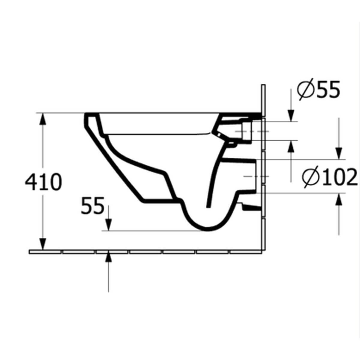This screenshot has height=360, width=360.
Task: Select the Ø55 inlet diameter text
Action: pyautogui.click(x=319, y=90)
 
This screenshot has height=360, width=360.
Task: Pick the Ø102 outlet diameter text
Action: pyautogui.click(x=330, y=177)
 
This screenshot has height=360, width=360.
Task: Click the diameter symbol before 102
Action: pyautogui.click(x=310, y=178)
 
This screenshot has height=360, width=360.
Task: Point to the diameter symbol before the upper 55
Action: pyautogui.click(x=305, y=90)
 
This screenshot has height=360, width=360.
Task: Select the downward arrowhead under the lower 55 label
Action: pyautogui.click(x=108, y=225)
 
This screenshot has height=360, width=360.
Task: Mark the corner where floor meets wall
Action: pyautogui.click(x=264, y=252)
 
